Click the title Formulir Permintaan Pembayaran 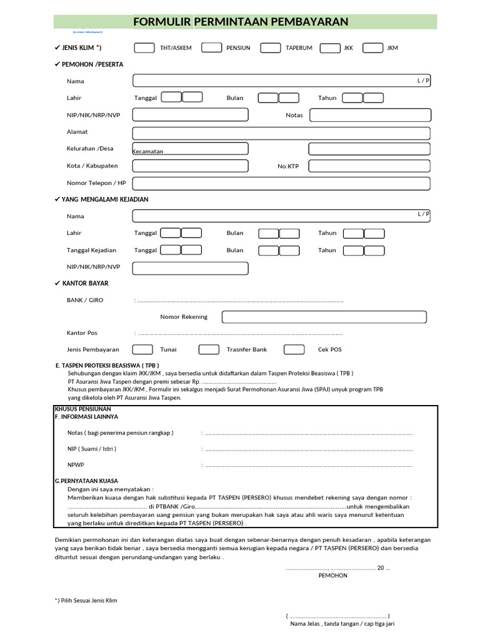[x=240, y=22]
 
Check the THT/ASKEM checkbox [x=144, y=48]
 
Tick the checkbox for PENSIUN [x=211, y=48]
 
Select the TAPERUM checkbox [x=270, y=48]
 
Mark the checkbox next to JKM [x=372, y=48]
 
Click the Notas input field [x=370, y=115]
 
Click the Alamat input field [x=281, y=132]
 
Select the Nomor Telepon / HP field [x=281, y=183]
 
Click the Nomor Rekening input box [x=324, y=317]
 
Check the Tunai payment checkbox [x=142, y=349]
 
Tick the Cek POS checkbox [x=294, y=349]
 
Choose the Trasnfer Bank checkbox [x=209, y=349]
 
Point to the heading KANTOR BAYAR [x=85, y=284]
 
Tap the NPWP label [x=76, y=465]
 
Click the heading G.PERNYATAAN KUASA [x=86, y=481]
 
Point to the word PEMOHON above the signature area [x=333, y=576]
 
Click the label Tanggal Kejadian [x=92, y=250]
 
